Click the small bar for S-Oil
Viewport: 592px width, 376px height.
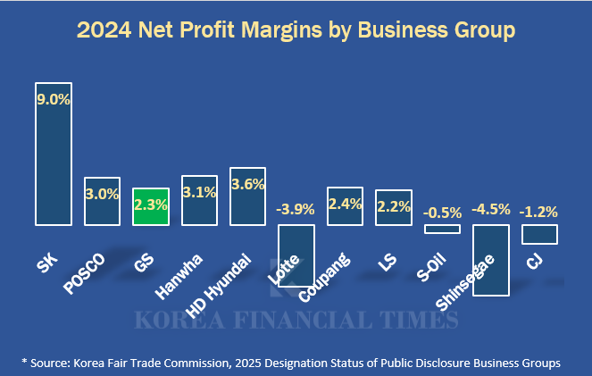point(442,229)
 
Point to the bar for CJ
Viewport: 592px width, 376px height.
point(539,234)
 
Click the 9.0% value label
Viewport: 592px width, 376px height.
point(53,99)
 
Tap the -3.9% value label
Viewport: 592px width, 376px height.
point(296,209)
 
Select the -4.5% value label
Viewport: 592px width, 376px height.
point(490,209)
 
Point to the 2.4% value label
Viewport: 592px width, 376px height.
point(345,203)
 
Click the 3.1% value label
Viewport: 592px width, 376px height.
point(198,191)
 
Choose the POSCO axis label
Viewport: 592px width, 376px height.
point(86,272)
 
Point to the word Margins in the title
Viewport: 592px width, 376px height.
point(292,31)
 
